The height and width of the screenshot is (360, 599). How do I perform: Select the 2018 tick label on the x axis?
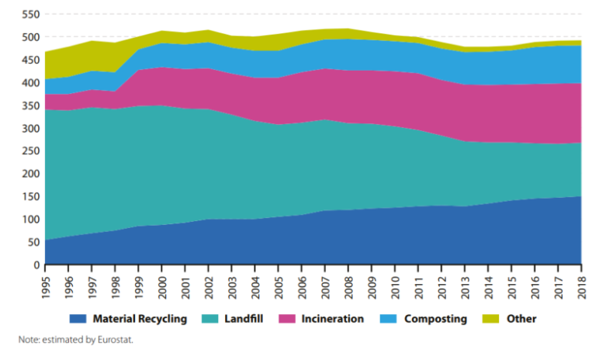(581, 282)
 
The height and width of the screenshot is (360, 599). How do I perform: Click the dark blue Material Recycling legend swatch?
(78, 318)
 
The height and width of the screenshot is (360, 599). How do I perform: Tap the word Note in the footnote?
(29, 339)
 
